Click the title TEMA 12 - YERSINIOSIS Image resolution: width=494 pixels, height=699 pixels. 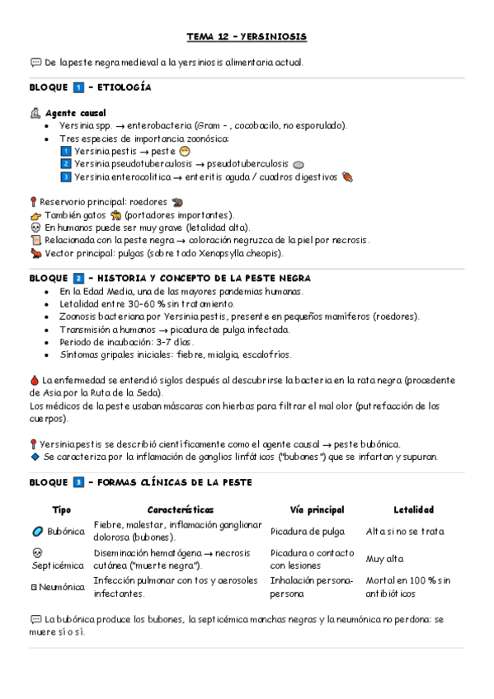247,38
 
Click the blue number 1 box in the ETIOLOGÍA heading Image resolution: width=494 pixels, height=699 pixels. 78,87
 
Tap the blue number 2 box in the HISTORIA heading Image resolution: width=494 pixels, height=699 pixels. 78,279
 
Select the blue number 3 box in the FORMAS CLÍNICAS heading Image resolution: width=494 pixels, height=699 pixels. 78,482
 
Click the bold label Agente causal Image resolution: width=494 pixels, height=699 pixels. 75,112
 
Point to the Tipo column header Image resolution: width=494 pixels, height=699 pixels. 61,510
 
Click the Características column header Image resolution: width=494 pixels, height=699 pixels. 181,510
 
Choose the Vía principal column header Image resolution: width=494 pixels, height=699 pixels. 318,510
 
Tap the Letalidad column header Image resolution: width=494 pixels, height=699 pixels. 413,510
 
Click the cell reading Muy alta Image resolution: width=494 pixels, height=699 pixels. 384,559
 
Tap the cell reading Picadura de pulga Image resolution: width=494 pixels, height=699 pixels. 308,532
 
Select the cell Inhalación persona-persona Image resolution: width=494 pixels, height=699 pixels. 311,587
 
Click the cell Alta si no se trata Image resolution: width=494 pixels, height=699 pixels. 410,532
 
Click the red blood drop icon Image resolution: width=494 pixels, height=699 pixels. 34,380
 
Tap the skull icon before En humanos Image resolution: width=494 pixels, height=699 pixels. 35,227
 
